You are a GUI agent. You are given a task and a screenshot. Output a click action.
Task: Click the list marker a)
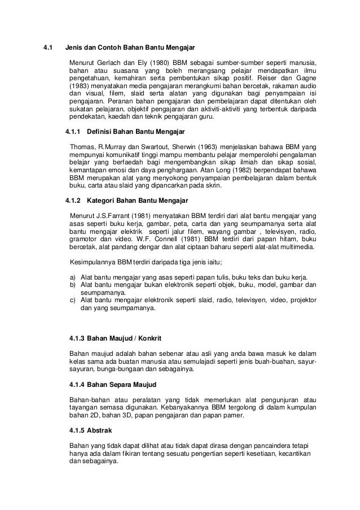(72, 277)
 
